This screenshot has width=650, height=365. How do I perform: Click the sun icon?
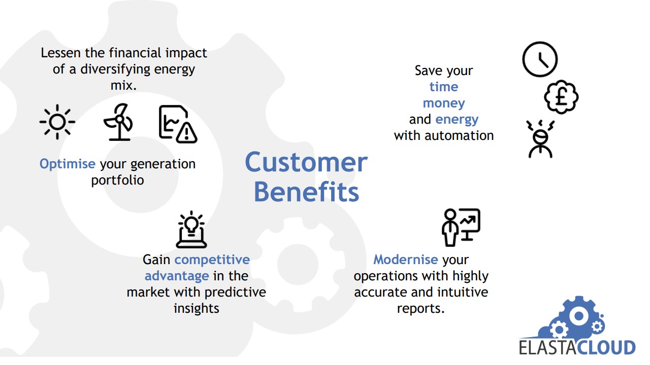pos(57,122)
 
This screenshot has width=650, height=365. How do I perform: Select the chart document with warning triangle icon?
pos(178,124)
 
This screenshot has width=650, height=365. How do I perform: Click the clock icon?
pos(540,59)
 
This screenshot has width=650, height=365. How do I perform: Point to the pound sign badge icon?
pos(561,97)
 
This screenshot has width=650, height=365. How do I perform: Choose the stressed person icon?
pos(540,139)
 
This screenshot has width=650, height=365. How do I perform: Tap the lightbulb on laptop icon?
pos(191,230)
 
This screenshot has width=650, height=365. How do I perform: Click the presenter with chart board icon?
pos(461,228)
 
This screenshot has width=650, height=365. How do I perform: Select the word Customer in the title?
pos(306,162)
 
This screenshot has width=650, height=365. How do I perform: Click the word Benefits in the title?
pos(306,192)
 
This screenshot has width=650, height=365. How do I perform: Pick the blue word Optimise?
pos(68,164)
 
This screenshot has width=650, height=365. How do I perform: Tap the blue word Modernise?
pos(405,260)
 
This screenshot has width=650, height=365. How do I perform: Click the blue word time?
pos(444,87)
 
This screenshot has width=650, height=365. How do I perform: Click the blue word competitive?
pos(212,260)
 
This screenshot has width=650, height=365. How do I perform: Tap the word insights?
pos(197,309)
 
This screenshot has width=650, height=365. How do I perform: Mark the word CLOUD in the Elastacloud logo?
pos(606,348)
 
